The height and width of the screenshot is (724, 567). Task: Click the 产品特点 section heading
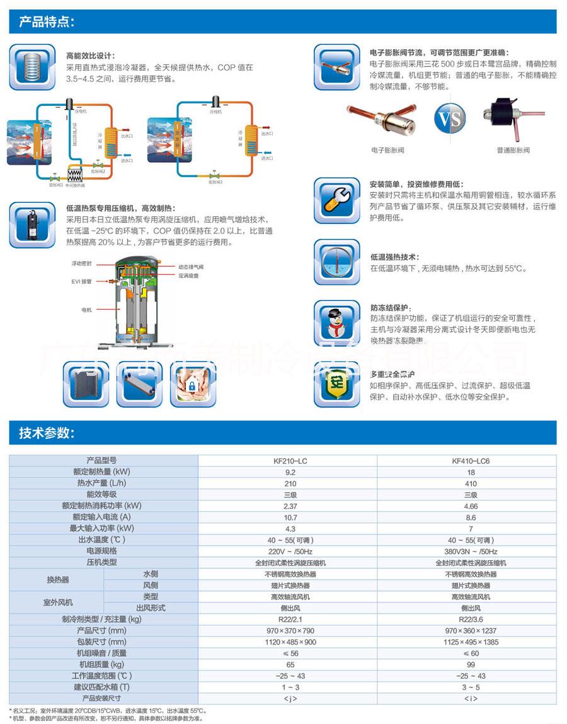tap(47, 23)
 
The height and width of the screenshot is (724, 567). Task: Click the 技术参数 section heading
tap(47, 433)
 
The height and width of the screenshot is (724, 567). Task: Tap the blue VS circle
tap(450, 118)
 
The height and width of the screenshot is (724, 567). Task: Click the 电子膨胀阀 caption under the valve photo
tap(387, 151)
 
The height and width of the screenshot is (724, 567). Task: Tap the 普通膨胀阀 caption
tap(513, 151)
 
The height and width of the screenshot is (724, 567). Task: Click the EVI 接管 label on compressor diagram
tap(83, 281)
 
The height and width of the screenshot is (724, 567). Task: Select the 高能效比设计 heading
tap(91, 55)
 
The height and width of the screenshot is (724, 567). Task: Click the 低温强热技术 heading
tap(394, 257)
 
